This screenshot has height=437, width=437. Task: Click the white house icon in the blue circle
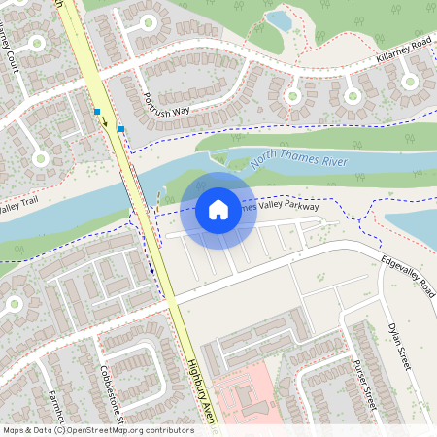click(x=218, y=209)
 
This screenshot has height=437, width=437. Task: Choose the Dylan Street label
click(x=400, y=347)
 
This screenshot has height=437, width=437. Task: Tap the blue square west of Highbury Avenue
click(x=97, y=112)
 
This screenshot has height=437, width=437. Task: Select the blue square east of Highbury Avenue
click(x=121, y=128)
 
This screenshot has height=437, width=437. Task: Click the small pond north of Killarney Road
click(x=279, y=19)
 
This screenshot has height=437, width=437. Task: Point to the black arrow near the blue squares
click(x=105, y=123)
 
